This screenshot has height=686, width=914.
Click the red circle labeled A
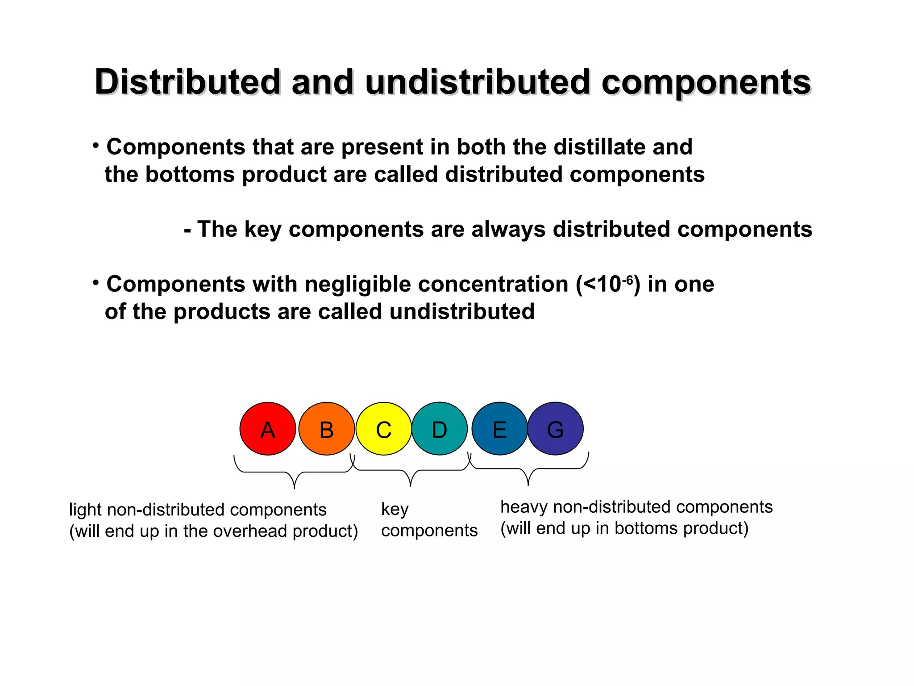268,429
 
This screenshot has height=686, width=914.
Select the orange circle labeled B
327,429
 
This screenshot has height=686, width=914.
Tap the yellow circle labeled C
383,429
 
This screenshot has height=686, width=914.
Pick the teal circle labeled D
439,429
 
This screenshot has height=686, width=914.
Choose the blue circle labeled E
499,429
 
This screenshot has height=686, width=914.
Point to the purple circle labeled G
555,429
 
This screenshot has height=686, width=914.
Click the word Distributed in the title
188,83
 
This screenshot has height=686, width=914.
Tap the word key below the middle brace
395,510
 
